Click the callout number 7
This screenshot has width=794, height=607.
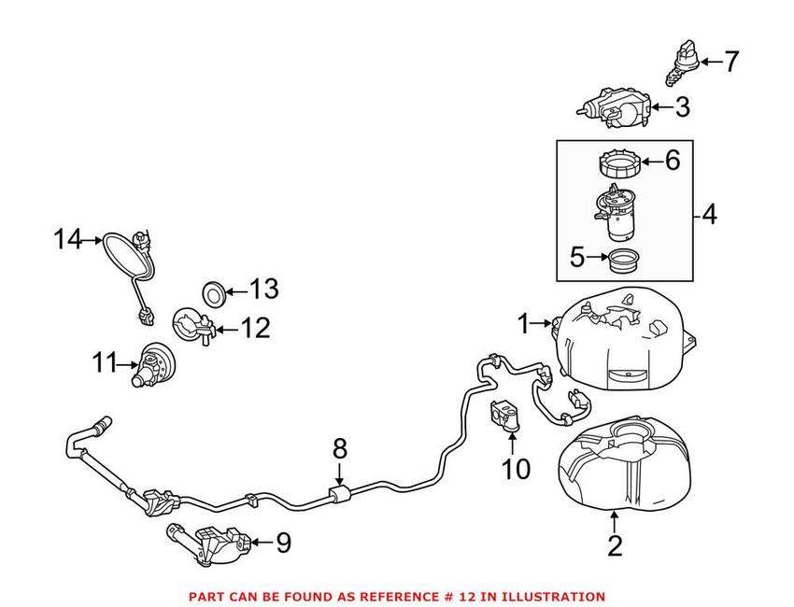coord(731,63)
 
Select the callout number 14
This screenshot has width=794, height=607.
coord(67,239)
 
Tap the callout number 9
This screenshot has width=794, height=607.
coord(283,543)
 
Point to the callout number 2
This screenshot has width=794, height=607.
coord(615,546)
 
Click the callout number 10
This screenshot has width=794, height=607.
coord(516,469)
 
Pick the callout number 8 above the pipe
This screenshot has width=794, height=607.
coord(340,448)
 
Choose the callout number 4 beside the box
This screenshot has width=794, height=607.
coord(710,214)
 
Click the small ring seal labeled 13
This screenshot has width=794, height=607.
coord(213,293)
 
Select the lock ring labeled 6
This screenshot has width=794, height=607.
coord(620,163)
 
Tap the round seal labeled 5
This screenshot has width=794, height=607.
coord(623,261)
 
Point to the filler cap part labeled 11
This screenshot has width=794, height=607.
coord(152,364)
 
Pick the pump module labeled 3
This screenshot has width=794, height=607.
coord(615,107)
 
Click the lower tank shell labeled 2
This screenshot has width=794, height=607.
coord(624,462)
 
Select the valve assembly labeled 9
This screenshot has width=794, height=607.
coord(208,544)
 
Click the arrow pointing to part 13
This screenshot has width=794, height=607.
coord(235,291)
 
